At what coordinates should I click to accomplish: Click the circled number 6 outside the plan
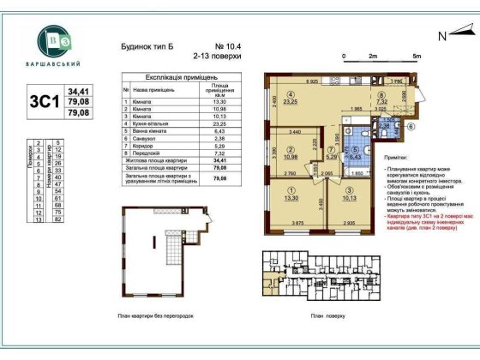coord(410,126)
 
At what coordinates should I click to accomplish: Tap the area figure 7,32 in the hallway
coord(381,102)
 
